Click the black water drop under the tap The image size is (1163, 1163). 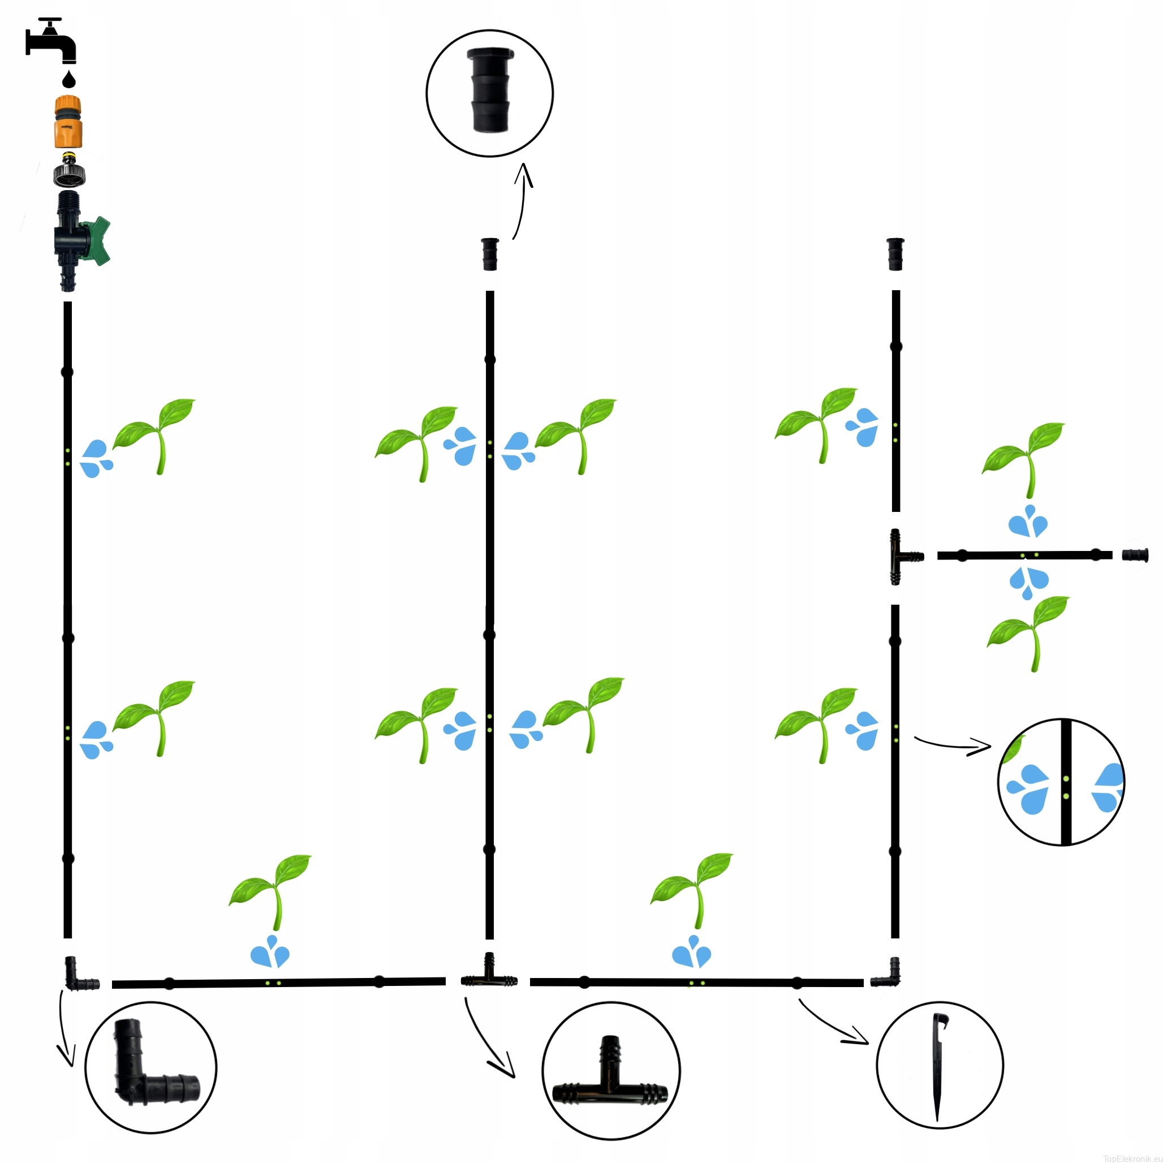[x=69, y=79]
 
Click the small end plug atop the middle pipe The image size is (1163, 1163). [x=489, y=254]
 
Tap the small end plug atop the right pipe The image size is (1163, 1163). [x=895, y=254]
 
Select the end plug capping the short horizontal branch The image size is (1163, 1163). [x=1135, y=554]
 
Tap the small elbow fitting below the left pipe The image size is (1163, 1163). [x=77, y=975]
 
